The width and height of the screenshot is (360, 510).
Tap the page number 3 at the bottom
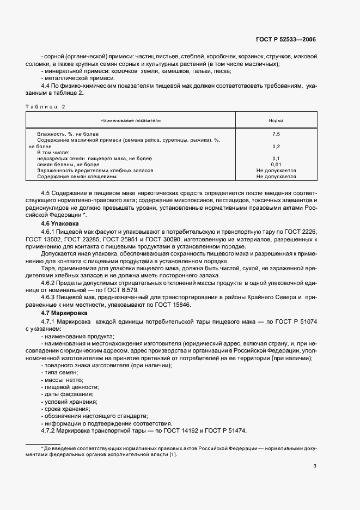pos(315,466)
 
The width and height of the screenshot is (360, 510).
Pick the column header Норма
pos(276,120)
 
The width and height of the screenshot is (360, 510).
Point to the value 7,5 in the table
pos(276,133)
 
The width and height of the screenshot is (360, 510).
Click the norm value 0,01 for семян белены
pos(276,164)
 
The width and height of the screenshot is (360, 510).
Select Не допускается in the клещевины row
pos(276,177)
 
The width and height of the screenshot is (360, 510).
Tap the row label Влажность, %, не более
pos(68,133)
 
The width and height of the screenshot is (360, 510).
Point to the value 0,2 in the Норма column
pos(276,146)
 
